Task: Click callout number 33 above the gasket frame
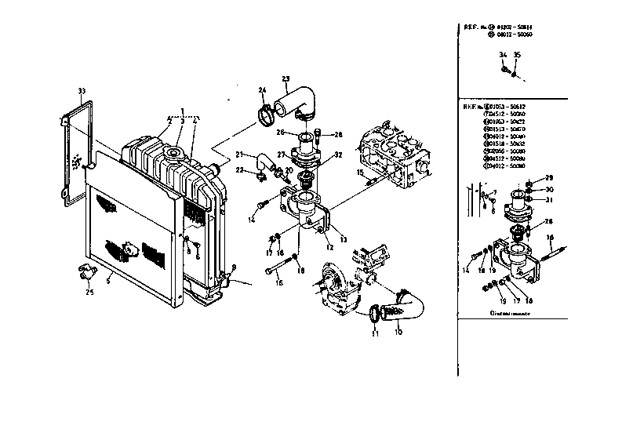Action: pos(82,92)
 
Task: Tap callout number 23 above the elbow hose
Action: pos(286,78)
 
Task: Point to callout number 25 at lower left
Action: pos(89,293)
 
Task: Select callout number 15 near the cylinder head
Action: pos(361,171)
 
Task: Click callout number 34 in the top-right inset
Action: pos(503,54)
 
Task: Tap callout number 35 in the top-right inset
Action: pos(515,54)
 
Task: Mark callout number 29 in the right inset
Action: pos(549,177)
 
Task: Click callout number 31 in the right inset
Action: pos(549,199)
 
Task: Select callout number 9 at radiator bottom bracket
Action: pos(233,268)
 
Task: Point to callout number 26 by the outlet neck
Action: pos(281,133)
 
